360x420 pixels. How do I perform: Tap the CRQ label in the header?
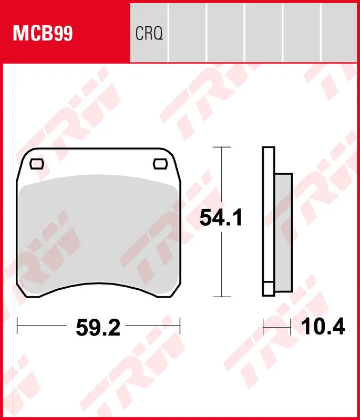(x=149, y=34)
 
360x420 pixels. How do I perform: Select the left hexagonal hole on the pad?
(x=37, y=164)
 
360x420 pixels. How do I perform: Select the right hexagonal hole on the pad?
(x=160, y=164)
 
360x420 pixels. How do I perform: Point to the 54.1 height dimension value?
(x=220, y=217)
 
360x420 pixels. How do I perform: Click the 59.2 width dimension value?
(x=98, y=328)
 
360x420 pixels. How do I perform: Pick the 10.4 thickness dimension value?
(x=323, y=327)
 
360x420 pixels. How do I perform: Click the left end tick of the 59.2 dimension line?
(x=18, y=325)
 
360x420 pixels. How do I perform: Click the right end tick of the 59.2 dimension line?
(x=180, y=325)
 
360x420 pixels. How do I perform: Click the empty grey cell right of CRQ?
(x=188, y=31)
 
